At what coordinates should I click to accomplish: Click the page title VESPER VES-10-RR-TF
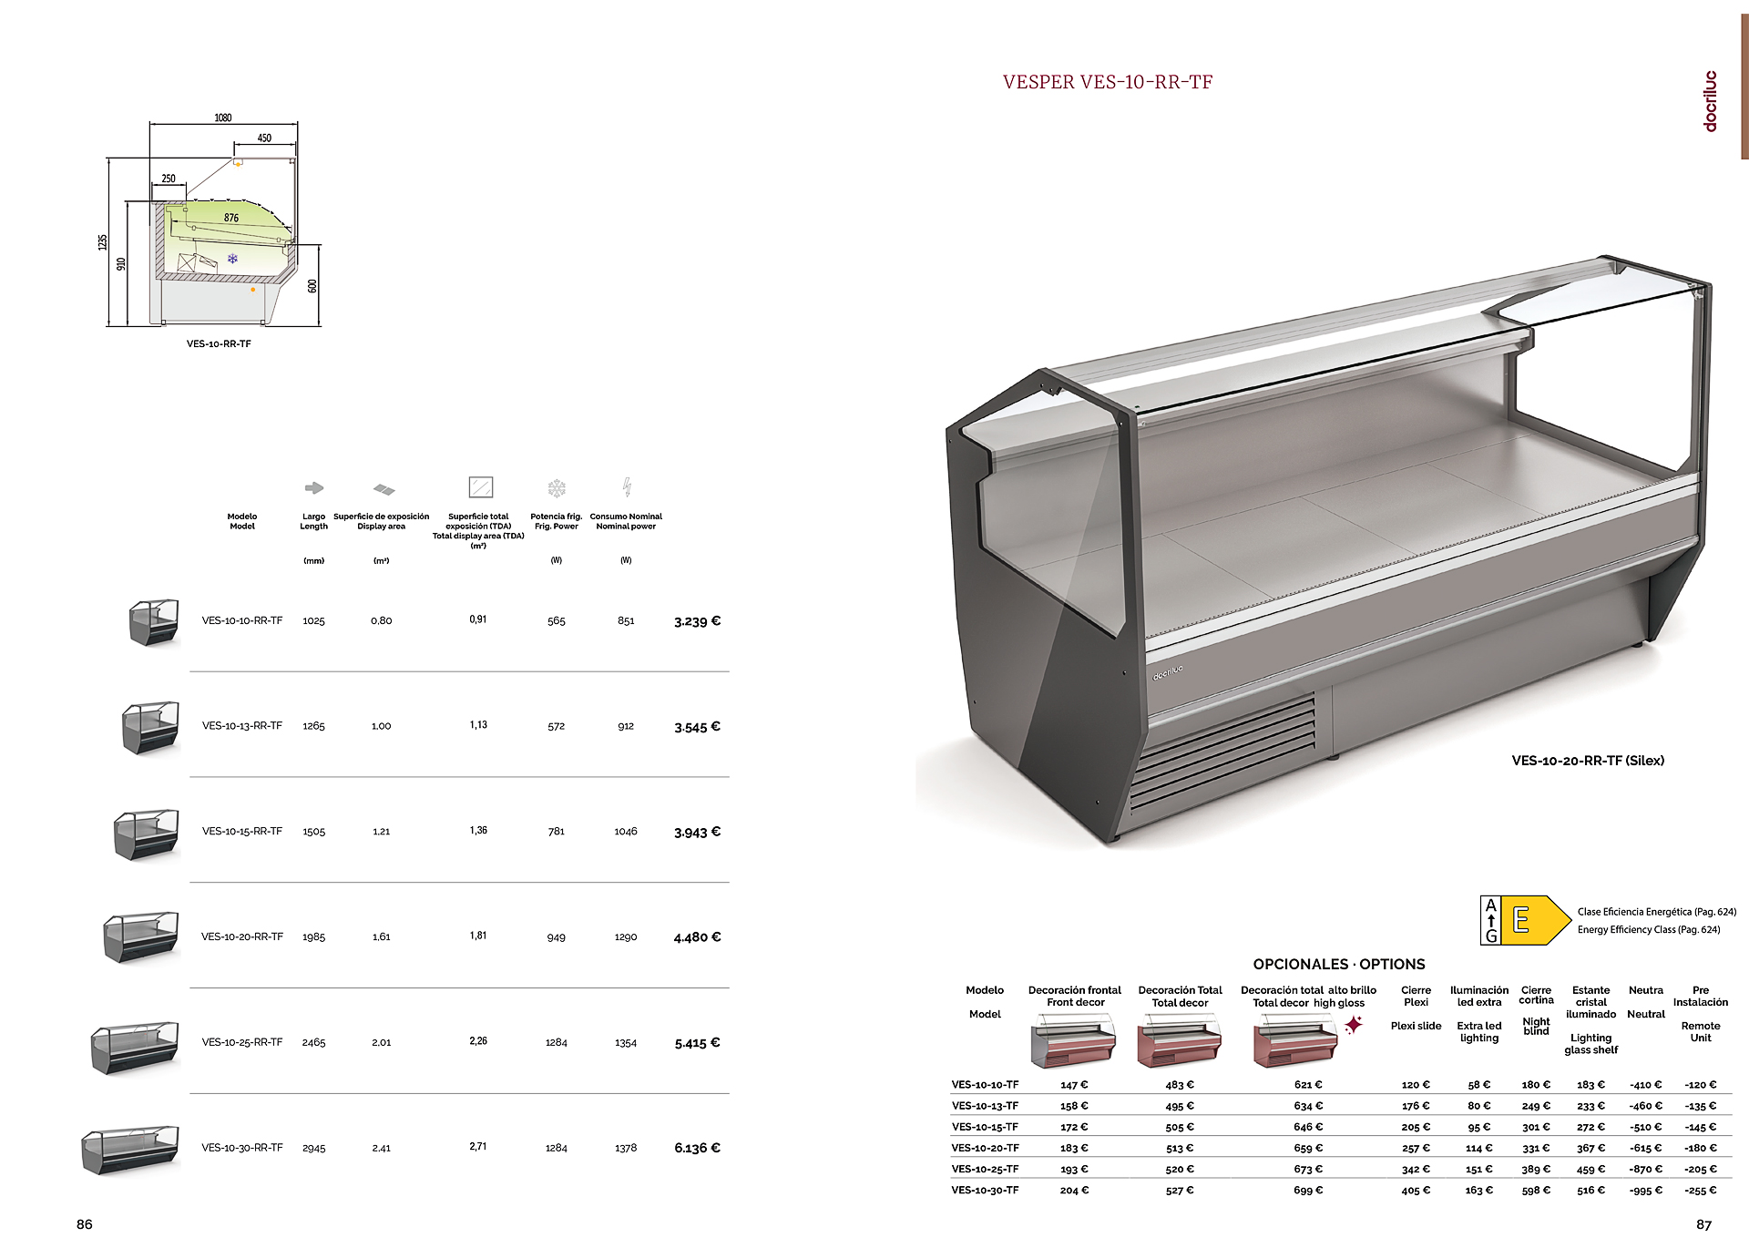pyautogui.click(x=1107, y=82)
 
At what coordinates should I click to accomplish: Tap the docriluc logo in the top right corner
pyautogui.click(x=1710, y=101)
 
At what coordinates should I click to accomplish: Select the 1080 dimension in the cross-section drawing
pyautogui.click(x=223, y=118)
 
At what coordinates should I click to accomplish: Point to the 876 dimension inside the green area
pyautogui.click(x=231, y=218)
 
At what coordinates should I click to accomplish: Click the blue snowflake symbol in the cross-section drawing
pyautogui.click(x=232, y=260)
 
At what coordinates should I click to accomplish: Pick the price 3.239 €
pyautogui.click(x=697, y=621)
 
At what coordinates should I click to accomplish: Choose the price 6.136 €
pyautogui.click(x=697, y=1148)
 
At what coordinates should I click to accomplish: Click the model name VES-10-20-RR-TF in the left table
pyautogui.click(x=242, y=936)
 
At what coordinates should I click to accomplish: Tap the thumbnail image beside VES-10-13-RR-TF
pyautogui.click(x=151, y=727)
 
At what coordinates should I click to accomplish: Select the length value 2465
pyautogui.click(x=313, y=1042)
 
